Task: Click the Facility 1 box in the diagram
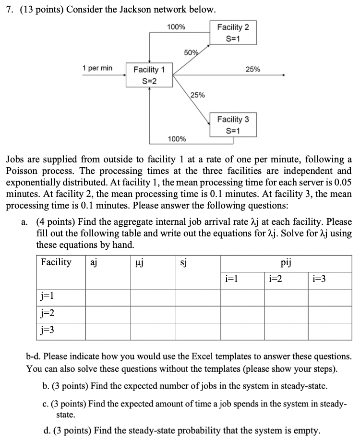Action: pos(149,75)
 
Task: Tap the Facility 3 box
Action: pos(233,124)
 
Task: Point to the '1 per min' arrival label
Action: pos(97,68)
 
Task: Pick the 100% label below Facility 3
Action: pos(177,139)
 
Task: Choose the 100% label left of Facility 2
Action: pos(176,27)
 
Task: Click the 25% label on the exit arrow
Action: pos(253,69)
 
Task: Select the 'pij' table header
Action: pos(285,262)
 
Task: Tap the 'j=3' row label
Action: pos(48,330)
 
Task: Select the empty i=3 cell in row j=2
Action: pos(329,313)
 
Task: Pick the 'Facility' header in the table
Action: pos(56,262)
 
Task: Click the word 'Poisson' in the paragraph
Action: pos(23,171)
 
